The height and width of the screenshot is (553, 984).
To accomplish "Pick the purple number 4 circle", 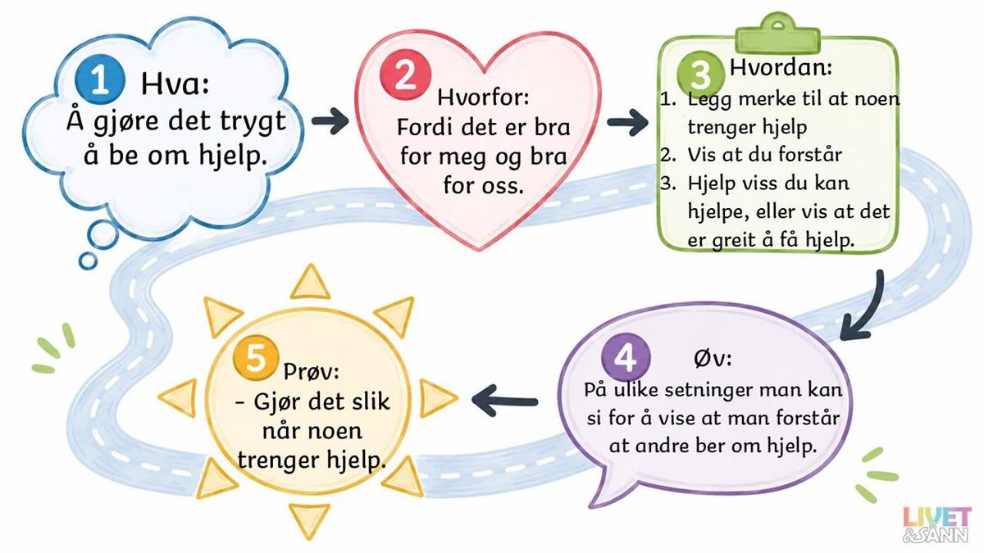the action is coord(626,358).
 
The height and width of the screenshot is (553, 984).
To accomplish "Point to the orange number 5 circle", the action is coord(256,358).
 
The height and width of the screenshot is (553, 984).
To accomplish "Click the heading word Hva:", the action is coord(175,84).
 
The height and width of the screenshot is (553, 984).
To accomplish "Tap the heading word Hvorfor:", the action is coord(483,97).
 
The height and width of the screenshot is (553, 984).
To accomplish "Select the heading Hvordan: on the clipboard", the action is coord(781,67).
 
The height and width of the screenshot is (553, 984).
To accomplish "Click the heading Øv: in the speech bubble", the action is coord(713,358).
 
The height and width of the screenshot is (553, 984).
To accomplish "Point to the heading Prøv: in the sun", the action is coord(312,371).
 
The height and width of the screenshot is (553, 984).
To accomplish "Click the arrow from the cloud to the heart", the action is coord(330,120).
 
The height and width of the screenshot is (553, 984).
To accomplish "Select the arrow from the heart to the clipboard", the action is coord(628,122).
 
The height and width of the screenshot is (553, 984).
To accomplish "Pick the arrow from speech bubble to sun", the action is coord(504,401).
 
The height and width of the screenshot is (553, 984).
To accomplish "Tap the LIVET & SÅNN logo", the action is coord(936,531).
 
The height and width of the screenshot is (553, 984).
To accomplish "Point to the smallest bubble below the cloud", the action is coord(88,261).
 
